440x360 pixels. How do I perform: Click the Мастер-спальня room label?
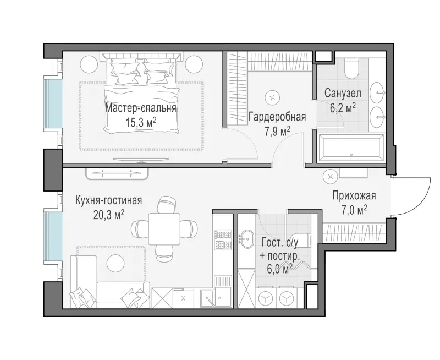tap(141, 108)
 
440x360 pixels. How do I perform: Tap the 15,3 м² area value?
tap(141, 123)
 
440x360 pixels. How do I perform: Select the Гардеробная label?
tap(277, 117)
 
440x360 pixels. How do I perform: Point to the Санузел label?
tap(343, 93)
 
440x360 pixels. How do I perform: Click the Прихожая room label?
tap(354, 195)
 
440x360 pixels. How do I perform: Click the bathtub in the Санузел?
tap(351, 148)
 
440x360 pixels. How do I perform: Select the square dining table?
tap(164, 229)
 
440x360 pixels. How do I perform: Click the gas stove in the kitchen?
tap(223, 240)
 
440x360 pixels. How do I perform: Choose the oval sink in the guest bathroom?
tap(246, 239)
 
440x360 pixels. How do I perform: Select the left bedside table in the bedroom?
tap(89, 64)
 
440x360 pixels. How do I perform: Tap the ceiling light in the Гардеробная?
tap(272, 97)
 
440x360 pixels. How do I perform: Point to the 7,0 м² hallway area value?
tap(354, 210)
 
